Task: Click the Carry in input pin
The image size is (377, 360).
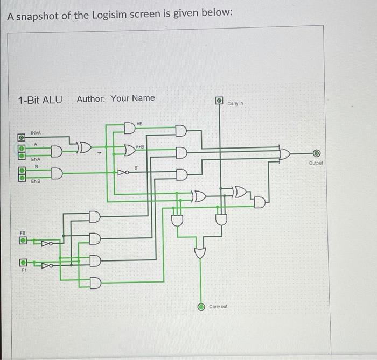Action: pyautogui.click(x=219, y=100)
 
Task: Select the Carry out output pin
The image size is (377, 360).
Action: pyautogui.click(x=201, y=307)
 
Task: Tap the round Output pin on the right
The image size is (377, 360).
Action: pyautogui.click(x=317, y=153)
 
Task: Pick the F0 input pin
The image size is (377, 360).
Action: pyautogui.click(x=23, y=241)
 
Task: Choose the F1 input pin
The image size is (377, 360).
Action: pyautogui.click(x=23, y=263)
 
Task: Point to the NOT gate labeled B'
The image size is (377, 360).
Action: pyautogui.click(x=124, y=173)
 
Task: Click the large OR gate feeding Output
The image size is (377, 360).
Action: pyautogui.click(x=284, y=153)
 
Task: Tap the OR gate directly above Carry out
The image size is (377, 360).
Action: pyautogui.click(x=200, y=252)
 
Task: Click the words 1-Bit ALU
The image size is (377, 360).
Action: pyautogui.click(x=39, y=100)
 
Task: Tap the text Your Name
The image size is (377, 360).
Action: pyautogui.click(x=132, y=98)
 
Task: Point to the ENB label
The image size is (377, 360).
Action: pyautogui.click(x=36, y=182)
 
